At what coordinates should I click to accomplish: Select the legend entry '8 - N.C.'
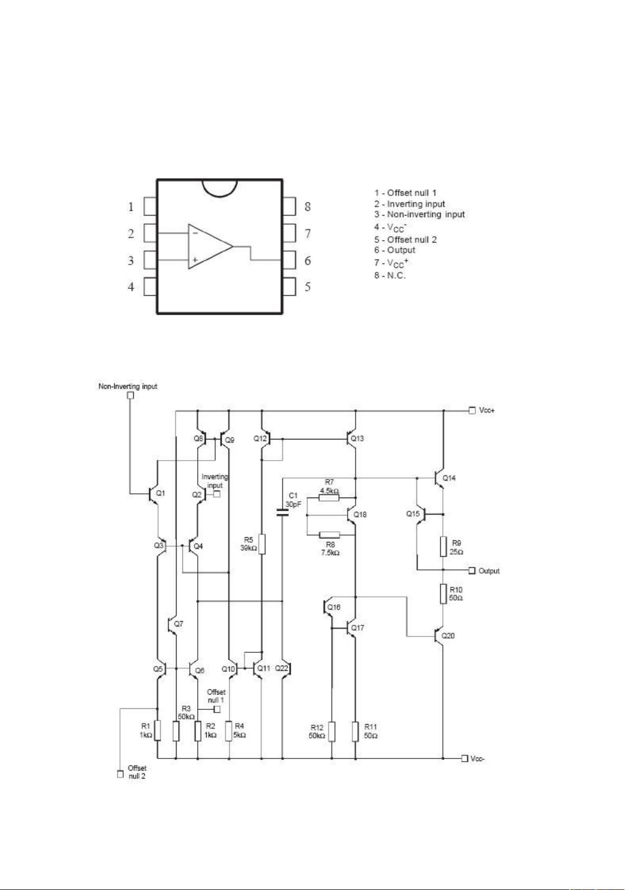click(x=391, y=275)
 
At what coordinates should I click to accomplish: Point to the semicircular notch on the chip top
click(x=219, y=188)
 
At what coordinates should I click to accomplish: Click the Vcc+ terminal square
click(x=472, y=410)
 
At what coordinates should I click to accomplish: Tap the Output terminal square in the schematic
click(x=472, y=570)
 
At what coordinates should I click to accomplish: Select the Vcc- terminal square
click(x=465, y=758)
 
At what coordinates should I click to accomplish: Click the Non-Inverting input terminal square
click(x=131, y=395)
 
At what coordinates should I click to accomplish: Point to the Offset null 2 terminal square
click(x=120, y=774)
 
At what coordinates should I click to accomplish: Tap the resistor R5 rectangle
click(x=262, y=544)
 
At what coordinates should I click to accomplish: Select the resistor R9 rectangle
click(x=443, y=547)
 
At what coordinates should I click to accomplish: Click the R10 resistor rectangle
click(x=443, y=594)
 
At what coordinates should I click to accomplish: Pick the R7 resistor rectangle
click(x=329, y=497)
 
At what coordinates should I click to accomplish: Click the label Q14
click(x=449, y=478)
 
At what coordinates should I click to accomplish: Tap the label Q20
click(x=448, y=635)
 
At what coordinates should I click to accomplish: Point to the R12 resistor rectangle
click(x=331, y=732)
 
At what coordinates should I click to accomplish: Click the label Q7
click(x=179, y=624)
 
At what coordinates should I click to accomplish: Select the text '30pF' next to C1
click(x=293, y=504)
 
